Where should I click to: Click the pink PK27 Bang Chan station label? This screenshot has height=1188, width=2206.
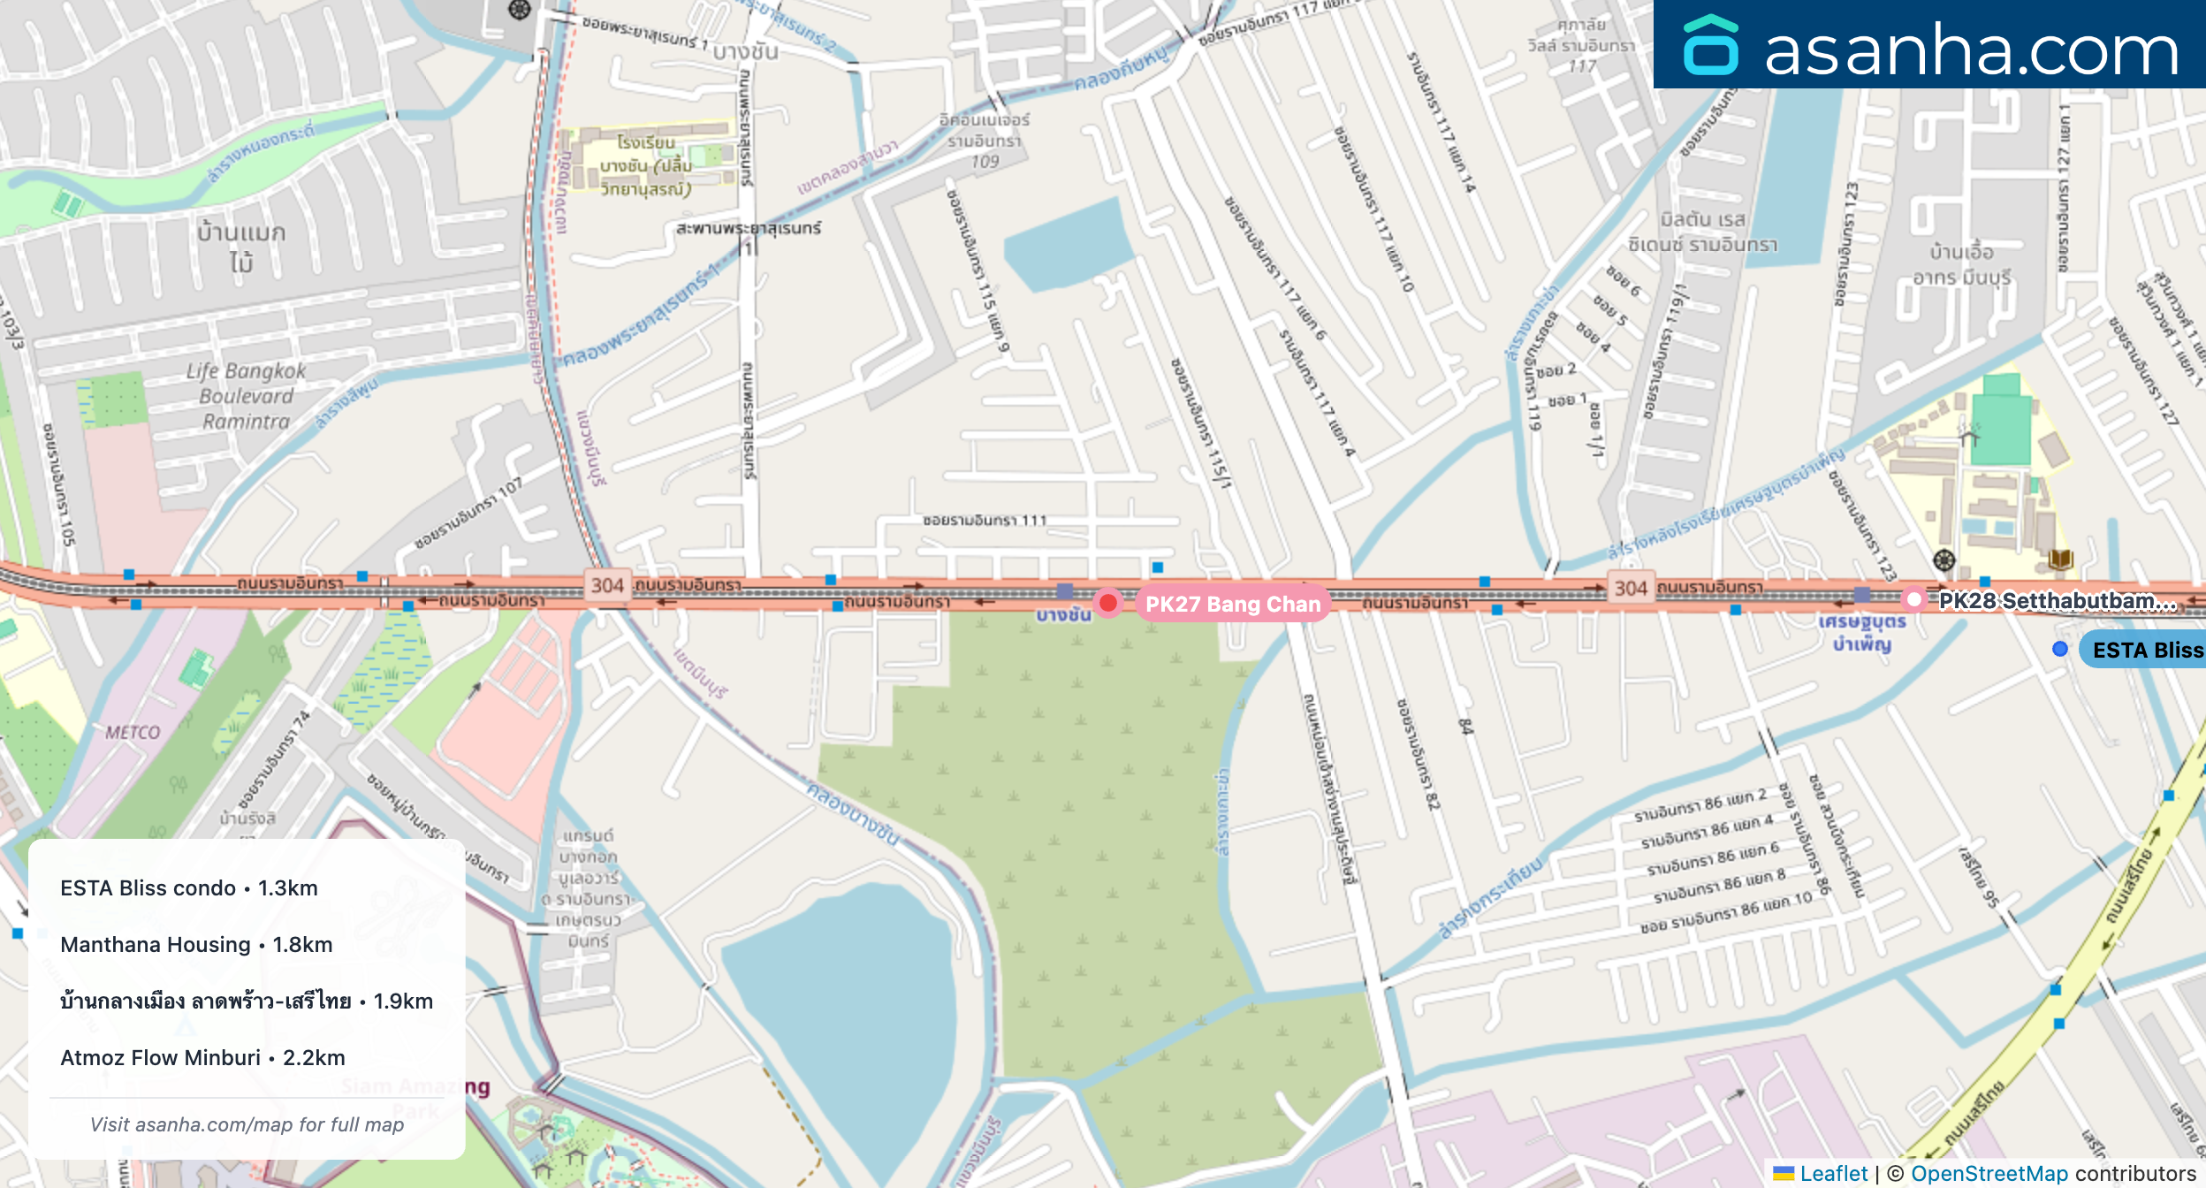(x=1232, y=604)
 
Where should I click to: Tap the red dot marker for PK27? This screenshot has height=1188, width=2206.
(x=1107, y=603)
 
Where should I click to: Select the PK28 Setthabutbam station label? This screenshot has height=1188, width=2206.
(x=2057, y=601)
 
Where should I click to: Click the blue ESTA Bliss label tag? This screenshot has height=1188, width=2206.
(x=2146, y=650)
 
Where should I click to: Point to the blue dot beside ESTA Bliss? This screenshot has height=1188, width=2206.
(x=2059, y=649)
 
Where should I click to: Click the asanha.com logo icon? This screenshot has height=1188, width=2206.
(x=1711, y=45)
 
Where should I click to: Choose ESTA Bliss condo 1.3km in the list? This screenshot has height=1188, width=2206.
(x=188, y=887)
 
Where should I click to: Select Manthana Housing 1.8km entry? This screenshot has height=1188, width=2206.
(x=196, y=944)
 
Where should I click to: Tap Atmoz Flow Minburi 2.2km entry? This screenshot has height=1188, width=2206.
(x=202, y=1057)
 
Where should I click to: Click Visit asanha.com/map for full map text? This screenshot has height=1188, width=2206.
(x=247, y=1124)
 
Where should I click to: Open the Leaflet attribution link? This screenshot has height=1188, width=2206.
(x=1833, y=1173)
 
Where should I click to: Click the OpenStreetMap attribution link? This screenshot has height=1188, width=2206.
(x=1989, y=1173)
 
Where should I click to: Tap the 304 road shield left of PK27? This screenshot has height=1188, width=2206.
(x=607, y=585)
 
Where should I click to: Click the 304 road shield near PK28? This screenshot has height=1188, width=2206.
(x=1630, y=588)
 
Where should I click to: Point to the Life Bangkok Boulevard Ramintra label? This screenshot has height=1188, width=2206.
(x=246, y=396)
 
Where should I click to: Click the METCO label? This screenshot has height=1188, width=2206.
(x=133, y=732)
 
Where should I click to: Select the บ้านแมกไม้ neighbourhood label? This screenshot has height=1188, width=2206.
(x=240, y=247)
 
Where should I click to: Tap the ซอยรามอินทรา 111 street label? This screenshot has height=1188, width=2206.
(x=984, y=521)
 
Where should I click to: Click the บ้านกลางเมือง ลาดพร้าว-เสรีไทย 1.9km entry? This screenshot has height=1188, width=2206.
(x=247, y=1001)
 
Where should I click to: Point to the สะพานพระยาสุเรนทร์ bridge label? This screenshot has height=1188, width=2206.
(x=748, y=228)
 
